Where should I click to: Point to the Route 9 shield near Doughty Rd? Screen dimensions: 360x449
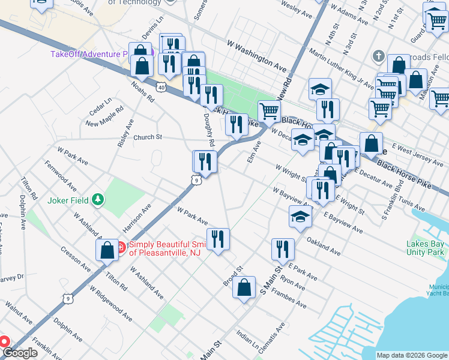coord(196,179)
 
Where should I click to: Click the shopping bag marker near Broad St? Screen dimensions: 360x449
coord(244,287)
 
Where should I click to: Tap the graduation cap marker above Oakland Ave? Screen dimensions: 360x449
coord(300,218)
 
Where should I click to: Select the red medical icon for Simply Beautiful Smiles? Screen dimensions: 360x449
coord(120,247)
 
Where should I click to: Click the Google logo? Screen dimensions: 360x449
coord(19,353)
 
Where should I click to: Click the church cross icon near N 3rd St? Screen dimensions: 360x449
coord(378,56)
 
